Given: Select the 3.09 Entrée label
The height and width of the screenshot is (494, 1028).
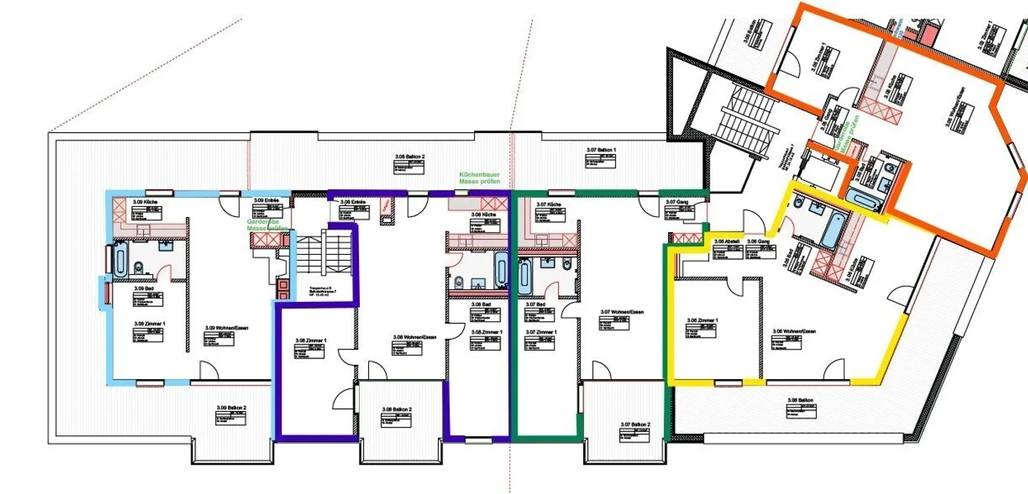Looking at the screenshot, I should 266,201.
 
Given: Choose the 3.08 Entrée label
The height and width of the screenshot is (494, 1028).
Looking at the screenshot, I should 353,202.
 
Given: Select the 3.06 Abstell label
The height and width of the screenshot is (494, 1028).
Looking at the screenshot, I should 724,242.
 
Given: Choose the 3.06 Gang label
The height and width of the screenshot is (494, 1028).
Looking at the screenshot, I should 757,242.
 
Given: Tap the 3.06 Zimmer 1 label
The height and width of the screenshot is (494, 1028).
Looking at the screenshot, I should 702,321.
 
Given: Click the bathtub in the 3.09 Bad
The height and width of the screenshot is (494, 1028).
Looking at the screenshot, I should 119,261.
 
